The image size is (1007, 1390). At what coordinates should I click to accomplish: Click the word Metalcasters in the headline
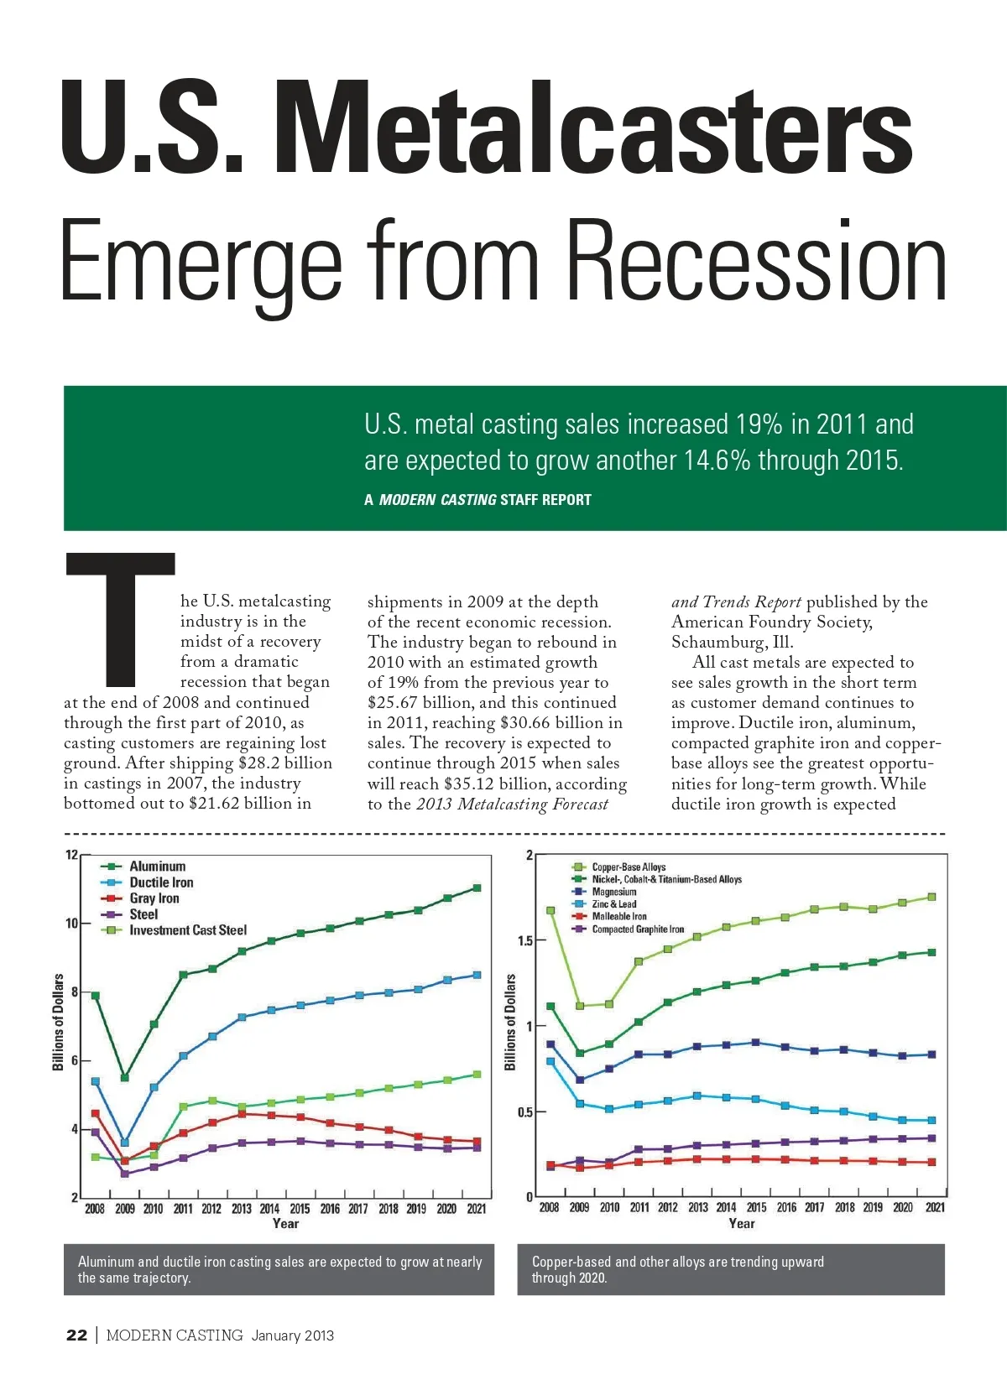pyautogui.click(x=594, y=126)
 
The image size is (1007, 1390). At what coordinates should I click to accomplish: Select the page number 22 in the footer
pyautogui.click(x=76, y=1335)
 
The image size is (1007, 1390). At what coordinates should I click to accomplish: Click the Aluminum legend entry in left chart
pyautogui.click(x=157, y=866)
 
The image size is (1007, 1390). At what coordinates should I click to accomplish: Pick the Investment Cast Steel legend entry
pyautogui.click(x=187, y=930)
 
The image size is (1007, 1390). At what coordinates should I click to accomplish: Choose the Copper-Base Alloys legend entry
pyautogui.click(x=629, y=867)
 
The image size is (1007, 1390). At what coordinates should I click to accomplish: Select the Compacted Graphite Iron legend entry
pyautogui.click(x=638, y=929)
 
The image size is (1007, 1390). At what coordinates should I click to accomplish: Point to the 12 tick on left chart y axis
pyautogui.click(x=71, y=856)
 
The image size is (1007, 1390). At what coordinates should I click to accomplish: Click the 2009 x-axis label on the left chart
pyautogui.click(x=124, y=1209)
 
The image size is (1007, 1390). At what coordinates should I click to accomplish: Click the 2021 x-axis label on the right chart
pyautogui.click(x=935, y=1208)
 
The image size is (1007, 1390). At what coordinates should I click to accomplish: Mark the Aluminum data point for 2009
pyautogui.click(x=125, y=1078)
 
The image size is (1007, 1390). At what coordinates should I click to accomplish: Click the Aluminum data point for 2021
pyautogui.click(x=477, y=888)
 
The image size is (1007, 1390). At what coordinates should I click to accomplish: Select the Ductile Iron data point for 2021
pyautogui.click(x=477, y=975)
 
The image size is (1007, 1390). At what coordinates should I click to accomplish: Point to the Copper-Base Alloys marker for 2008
pyautogui.click(x=550, y=910)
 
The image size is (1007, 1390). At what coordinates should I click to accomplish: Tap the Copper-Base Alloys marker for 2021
pyautogui.click(x=931, y=898)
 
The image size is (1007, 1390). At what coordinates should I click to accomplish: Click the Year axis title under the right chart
pyautogui.click(x=741, y=1224)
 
